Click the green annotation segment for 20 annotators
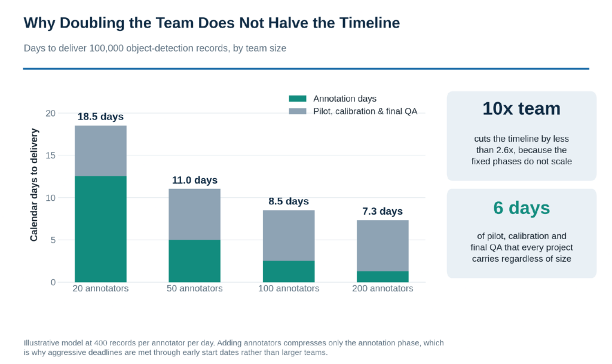click(100, 229)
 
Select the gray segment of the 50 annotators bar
click(194, 214)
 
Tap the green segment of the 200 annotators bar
click(382, 277)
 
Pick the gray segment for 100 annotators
click(289, 235)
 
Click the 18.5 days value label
click(100, 117)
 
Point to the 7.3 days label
click(382, 211)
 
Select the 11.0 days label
click(195, 180)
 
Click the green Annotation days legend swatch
click(298, 98)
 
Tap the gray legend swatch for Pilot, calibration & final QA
click(298, 111)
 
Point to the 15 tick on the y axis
click(50, 155)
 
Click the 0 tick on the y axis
click(53, 282)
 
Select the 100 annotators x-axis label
click(289, 288)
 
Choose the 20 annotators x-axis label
click(100, 288)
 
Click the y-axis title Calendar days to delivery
click(34, 185)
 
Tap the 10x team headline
click(521, 108)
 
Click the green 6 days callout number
click(521, 208)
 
